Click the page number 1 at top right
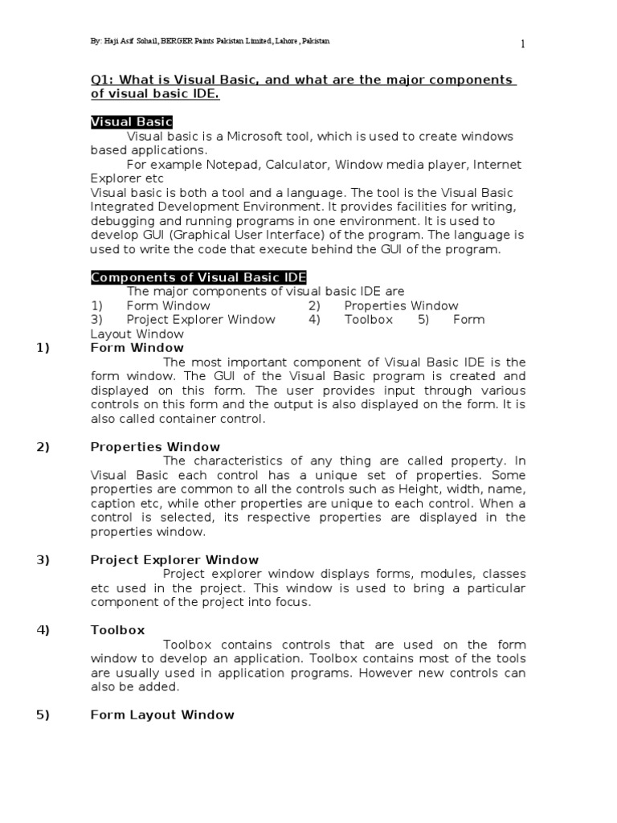click(x=522, y=44)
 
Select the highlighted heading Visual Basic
click(x=131, y=122)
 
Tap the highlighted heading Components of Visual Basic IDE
click(x=198, y=277)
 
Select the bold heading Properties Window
click(x=155, y=447)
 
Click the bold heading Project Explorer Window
click(x=174, y=560)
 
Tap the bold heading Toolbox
click(x=117, y=630)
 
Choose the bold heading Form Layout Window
click(x=162, y=714)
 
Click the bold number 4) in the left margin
click(x=43, y=630)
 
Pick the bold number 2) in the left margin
click(x=43, y=447)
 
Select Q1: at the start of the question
click(x=102, y=80)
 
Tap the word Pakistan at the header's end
click(x=313, y=41)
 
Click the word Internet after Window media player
click(x=496, y=165)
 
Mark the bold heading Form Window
click(x=137, y=348)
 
